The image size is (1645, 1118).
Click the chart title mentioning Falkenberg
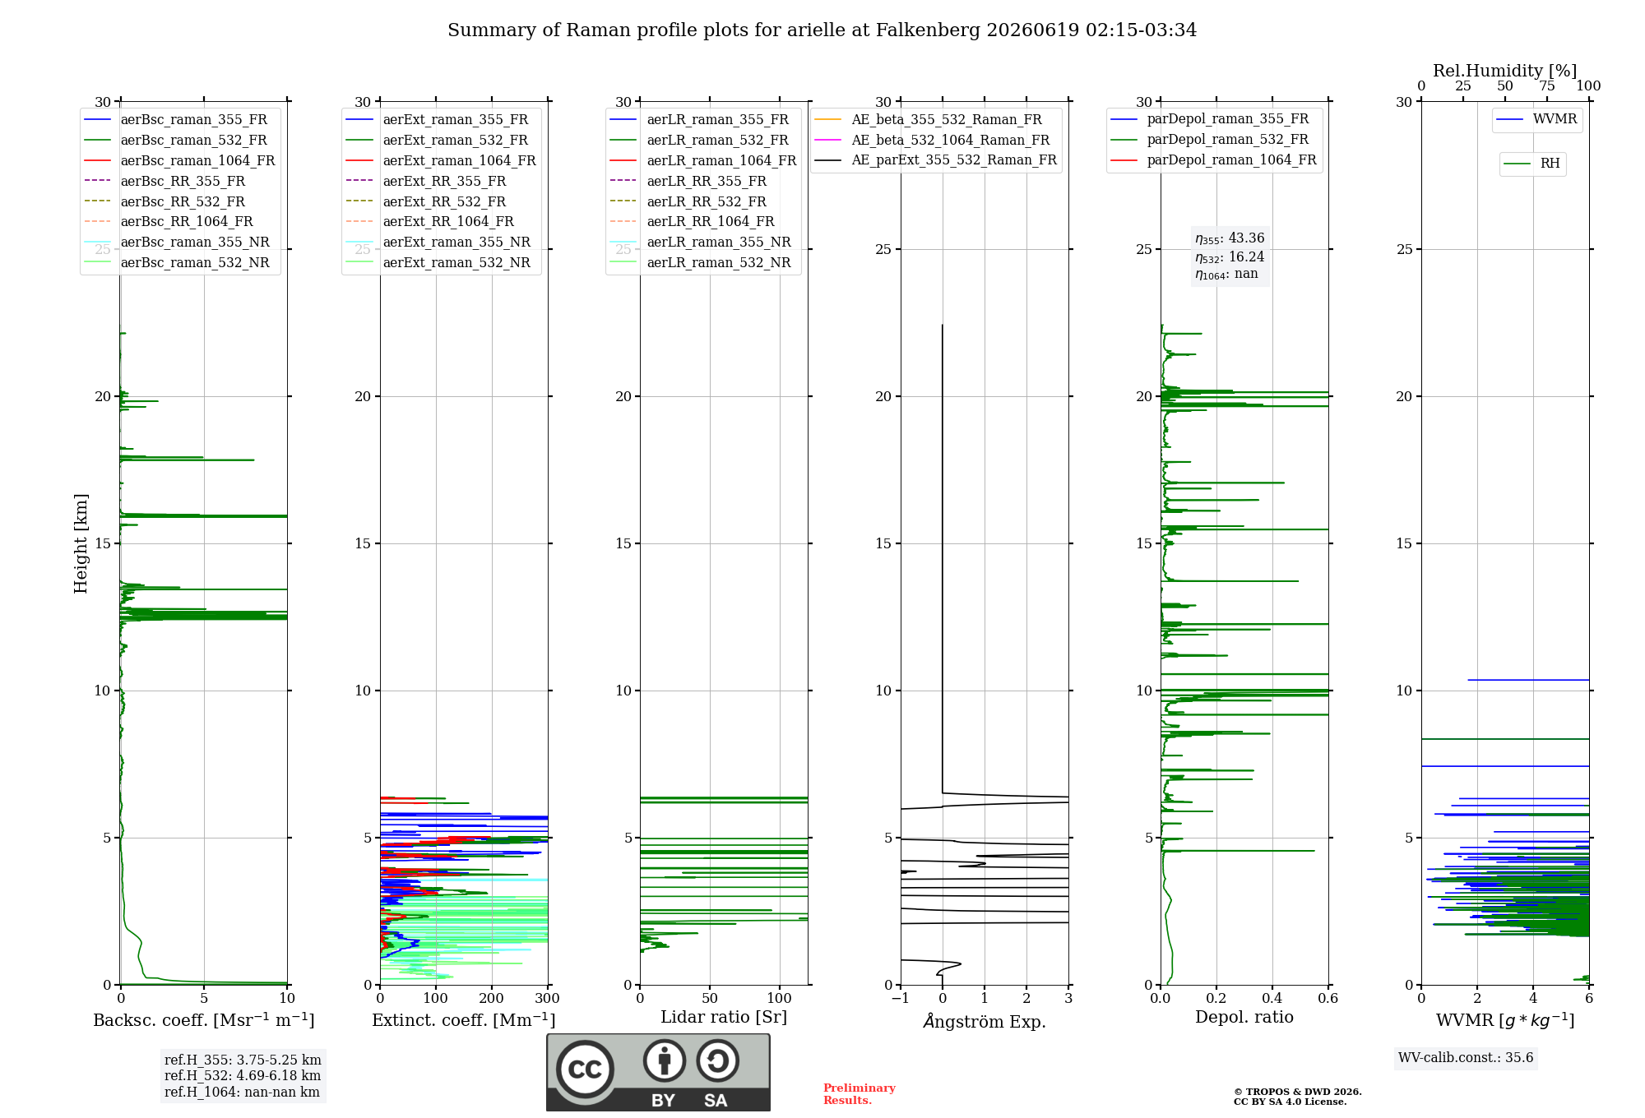(x=822, y=30)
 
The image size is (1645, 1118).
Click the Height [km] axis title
(x=81, y=543)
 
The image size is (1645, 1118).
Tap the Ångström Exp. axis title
(x=985, y=1021)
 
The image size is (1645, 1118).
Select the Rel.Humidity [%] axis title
(x=1504, y=71)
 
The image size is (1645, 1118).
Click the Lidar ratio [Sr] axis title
(x=724, y=1017)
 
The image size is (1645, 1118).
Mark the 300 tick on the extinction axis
(x=547, y=998)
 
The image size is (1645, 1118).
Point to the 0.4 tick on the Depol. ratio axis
(x=1272, y=998)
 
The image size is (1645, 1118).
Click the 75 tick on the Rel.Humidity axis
(x=1547, y=85)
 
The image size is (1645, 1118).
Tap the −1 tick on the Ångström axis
(x=900, y=998)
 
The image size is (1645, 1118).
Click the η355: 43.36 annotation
(x=1230, y=238)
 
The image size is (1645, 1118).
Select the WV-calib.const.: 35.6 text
(x=1466, y=1057)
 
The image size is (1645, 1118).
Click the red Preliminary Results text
(x=860, y=1094)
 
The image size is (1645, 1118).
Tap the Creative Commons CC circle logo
(x=585, y=1069)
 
